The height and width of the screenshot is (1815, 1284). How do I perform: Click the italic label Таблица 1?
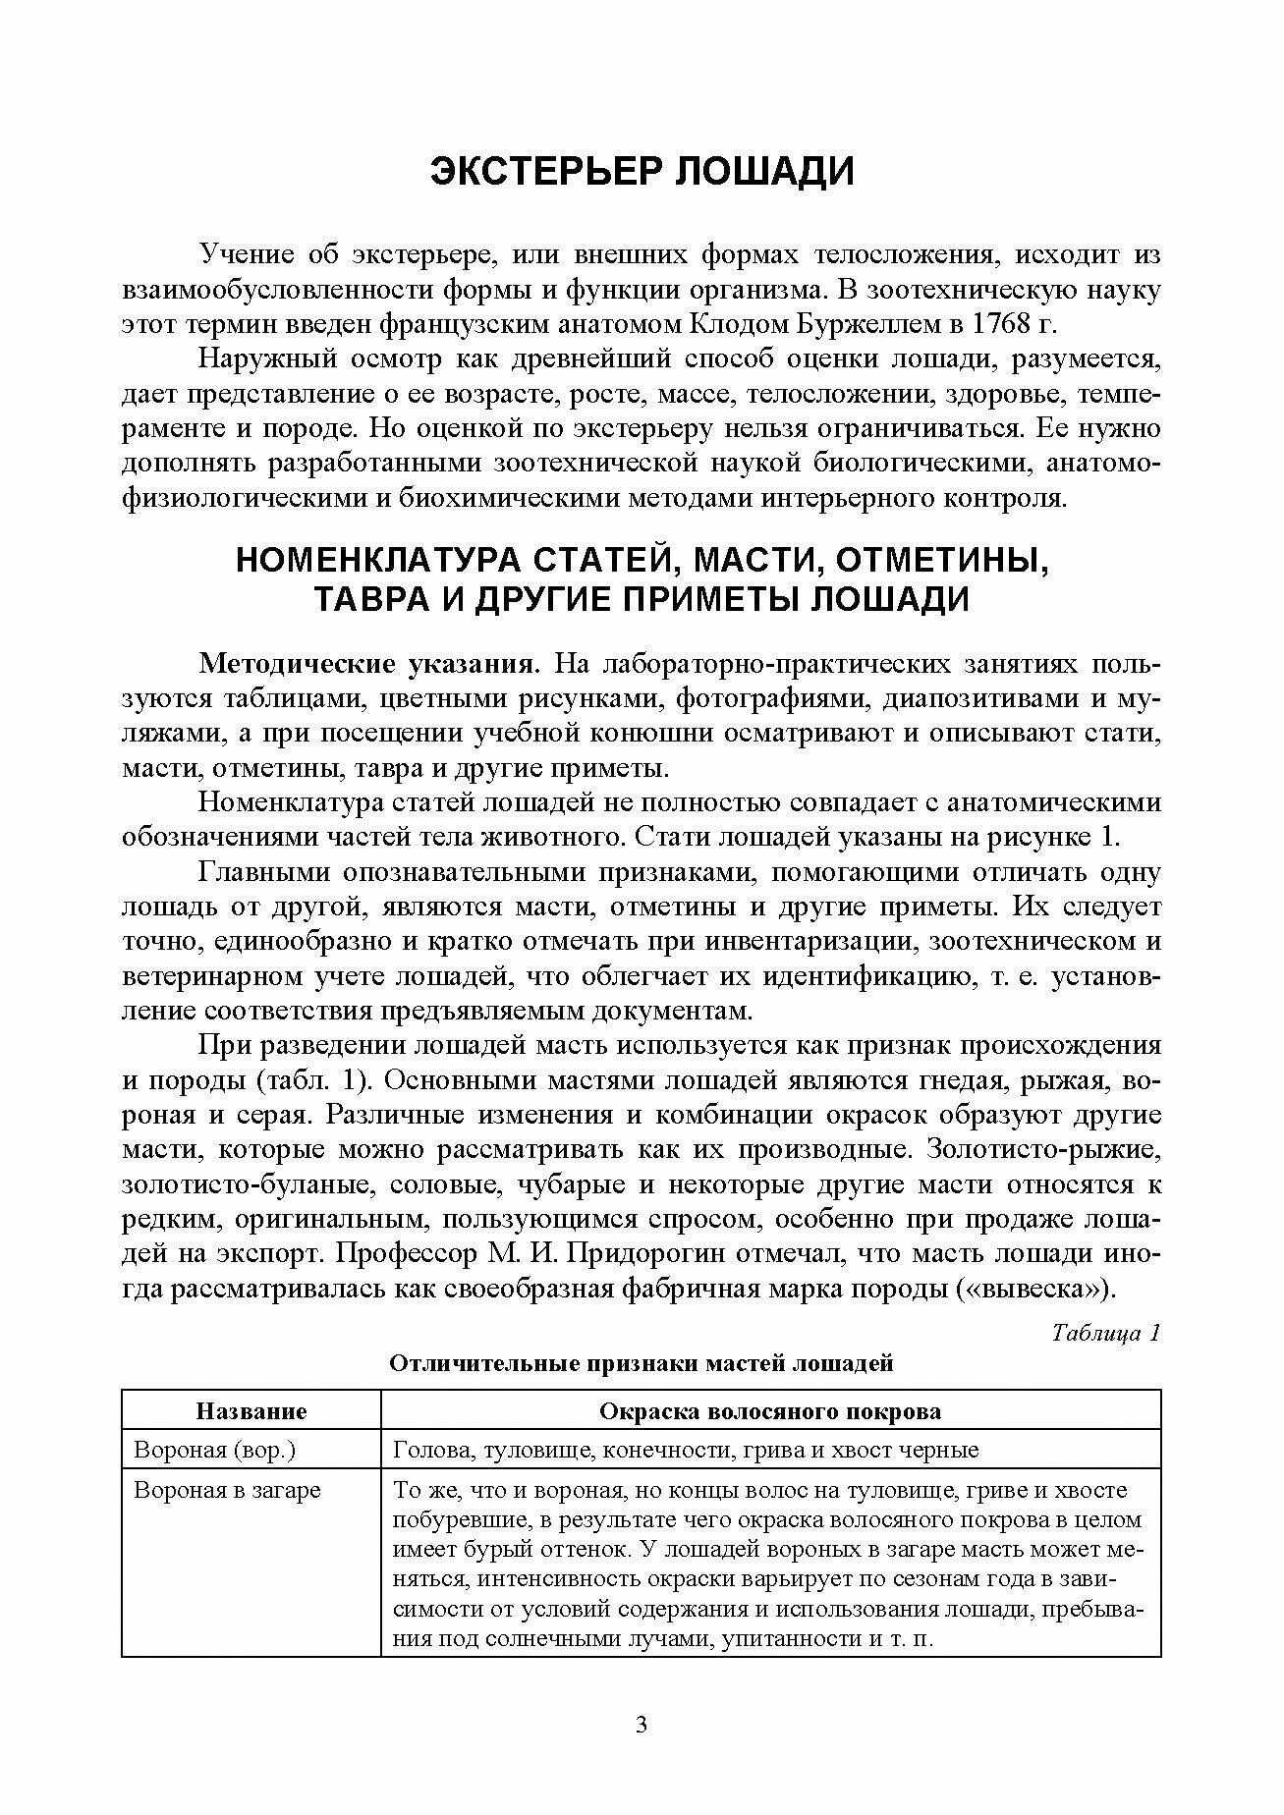[x=1106, y=1333]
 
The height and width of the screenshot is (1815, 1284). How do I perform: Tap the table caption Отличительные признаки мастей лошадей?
[x=642, y=1363]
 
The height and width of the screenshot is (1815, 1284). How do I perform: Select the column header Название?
[x=251, y=1411]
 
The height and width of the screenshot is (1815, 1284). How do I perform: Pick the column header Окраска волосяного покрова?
[x=770, y=1411]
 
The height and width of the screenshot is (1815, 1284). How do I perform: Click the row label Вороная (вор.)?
[x=215, y=1450]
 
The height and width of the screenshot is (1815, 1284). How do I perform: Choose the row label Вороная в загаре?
[x=227, y=1490]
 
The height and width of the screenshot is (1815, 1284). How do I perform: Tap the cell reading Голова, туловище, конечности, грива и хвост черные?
[x=685, y=1450]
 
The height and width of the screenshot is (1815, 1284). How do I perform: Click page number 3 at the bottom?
[x=642, y=1725]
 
